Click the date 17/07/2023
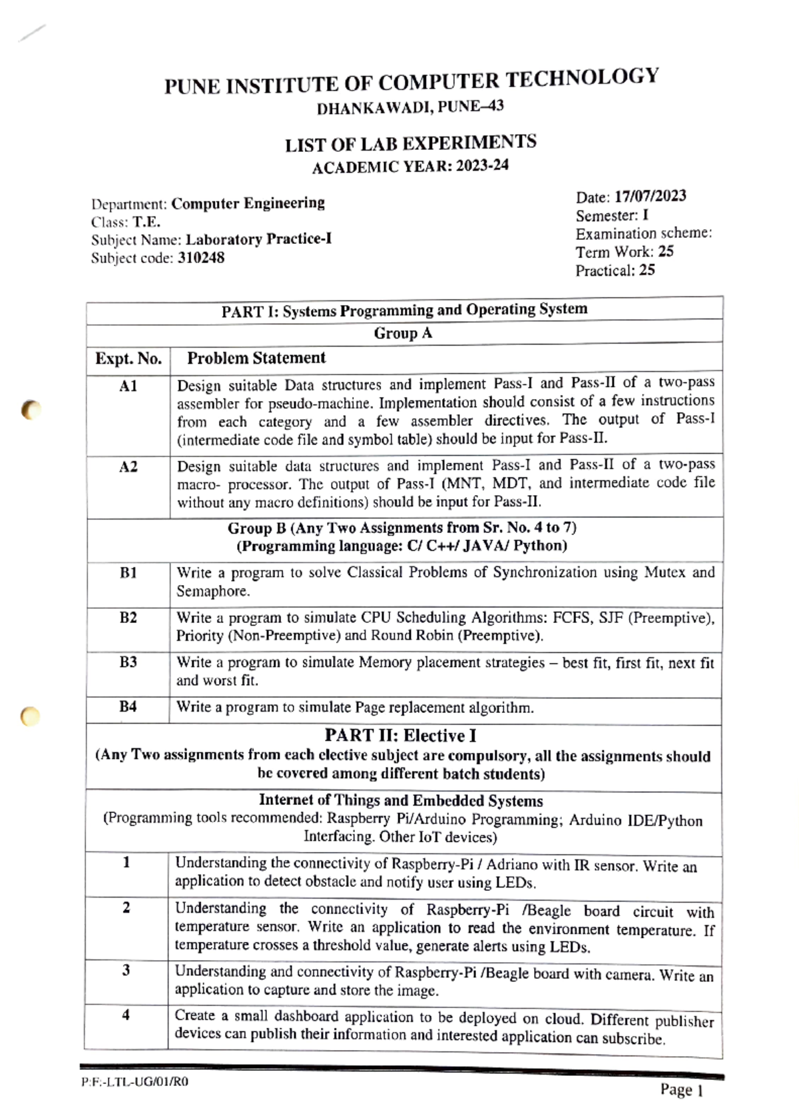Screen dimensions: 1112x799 pyautogui.click(x=650, y=197)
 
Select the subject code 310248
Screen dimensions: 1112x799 pyautogui.click(x=200, y=258)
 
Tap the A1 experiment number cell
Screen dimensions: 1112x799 pyautogui.click(x=128, y=386)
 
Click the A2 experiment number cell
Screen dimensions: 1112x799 pyautogui.click(x=128, y=467)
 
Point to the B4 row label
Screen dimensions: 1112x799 pyautogui.click(x=128, y=706)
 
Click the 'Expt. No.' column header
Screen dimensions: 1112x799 pyautogui.click(x=128, y=359)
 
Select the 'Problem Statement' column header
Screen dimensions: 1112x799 pyautogui.click(x=256, y=358)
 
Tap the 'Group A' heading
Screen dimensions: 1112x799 pyautogui.click(x=403, y=333)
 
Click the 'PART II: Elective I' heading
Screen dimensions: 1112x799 pyautogui.click(x=400, y=736)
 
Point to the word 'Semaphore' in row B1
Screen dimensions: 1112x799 pyautogui.click(x=212, y=591)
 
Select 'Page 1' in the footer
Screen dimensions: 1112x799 pyautogui.click(x=681, y=1090)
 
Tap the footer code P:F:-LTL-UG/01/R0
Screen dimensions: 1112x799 pyautogui.click(x=134, y=1082)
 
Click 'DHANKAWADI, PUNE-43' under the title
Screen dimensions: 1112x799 pyautogui.click(x=409, y=107)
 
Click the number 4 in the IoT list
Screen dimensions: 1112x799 pyautogui.click(x=126, y=1015)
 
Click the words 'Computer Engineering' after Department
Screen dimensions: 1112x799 pyautogui.click(x=248, y=203)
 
